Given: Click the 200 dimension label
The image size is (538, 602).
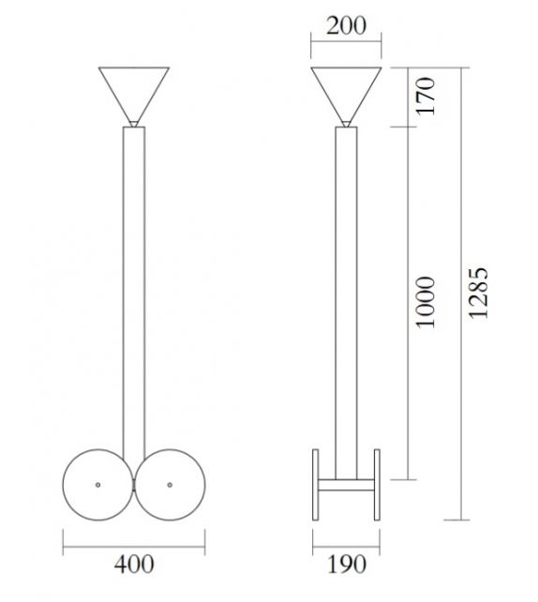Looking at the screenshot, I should click(347, 26).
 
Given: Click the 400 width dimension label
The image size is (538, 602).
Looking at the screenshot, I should click(134, 564).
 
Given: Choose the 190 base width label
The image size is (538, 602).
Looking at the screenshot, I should click(346, 564).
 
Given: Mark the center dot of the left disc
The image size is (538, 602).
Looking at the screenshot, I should click(98, 484).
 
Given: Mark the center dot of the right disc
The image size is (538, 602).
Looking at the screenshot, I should click(170, 484).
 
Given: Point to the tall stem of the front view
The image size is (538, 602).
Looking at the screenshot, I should click(134, 281).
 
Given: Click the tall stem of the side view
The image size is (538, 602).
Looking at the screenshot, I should click(346, 281).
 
